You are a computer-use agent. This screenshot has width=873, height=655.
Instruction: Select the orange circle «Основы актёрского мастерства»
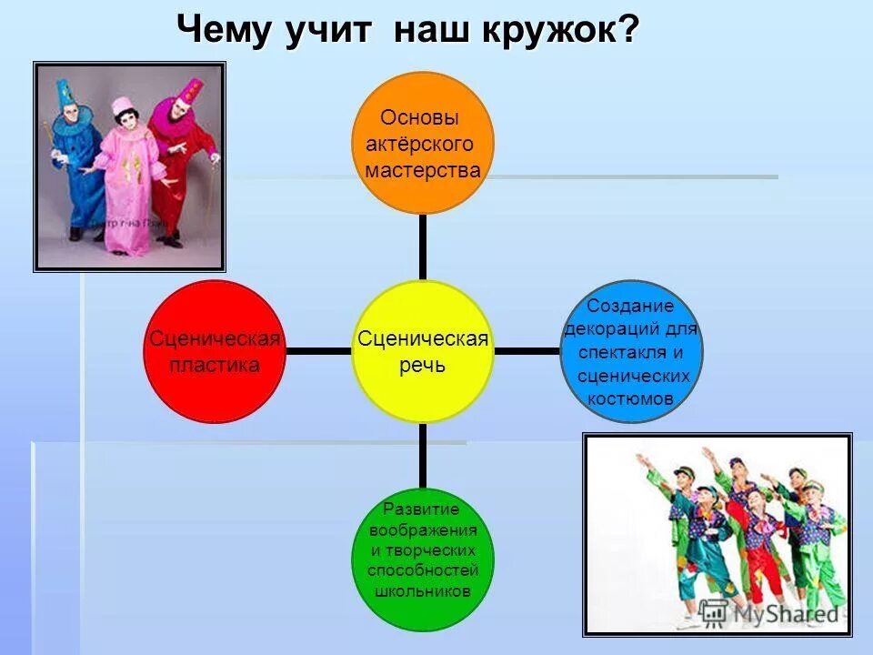click(422, 143)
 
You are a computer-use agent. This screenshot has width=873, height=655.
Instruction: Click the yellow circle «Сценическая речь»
click(423, 351)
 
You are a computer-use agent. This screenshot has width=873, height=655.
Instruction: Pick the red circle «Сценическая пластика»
click(216, 351)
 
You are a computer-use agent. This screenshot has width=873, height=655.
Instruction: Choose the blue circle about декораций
click(631, 351)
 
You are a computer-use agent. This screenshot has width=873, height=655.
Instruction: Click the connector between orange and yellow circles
click(423, 247)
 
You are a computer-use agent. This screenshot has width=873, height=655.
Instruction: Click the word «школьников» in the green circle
click(423, 589)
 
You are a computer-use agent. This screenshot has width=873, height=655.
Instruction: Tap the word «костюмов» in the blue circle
click(631, 398)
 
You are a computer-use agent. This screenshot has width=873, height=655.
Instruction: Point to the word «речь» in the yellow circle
click(423, 365)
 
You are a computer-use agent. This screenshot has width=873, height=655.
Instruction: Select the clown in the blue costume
click(75, 164)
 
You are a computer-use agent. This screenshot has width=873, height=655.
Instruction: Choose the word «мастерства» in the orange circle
click(423, 170)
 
